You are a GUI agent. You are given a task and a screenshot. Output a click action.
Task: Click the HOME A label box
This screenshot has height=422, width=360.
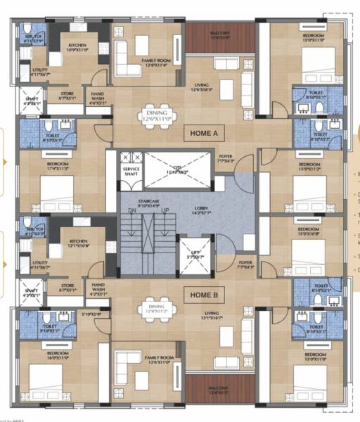(205, 132)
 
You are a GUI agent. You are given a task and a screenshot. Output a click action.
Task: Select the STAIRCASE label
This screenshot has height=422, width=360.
(139, 203)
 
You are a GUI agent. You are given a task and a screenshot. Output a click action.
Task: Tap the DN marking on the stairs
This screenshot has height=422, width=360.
(131, 212)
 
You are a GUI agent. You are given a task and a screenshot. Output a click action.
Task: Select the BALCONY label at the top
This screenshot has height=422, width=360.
(220, 34)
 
